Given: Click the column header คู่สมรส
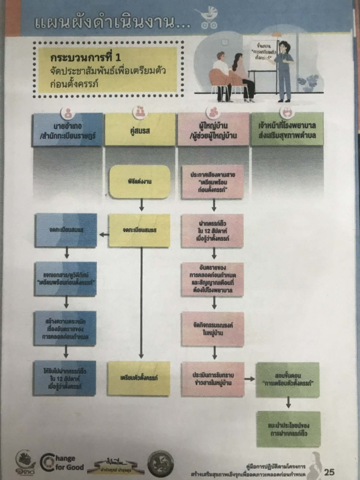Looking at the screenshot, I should point(140,129).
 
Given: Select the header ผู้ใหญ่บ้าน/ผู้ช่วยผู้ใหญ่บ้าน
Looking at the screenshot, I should point(213,129).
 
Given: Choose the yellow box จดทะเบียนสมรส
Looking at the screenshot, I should point(139,231).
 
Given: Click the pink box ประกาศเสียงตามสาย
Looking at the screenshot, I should point(213,181).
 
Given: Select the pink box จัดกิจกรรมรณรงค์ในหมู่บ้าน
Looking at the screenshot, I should point(213,329).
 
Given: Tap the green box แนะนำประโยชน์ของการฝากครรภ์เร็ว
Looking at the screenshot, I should point(288,429).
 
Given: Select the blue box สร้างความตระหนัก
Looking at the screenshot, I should point(66,328).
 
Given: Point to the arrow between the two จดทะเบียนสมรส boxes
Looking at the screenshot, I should point(103,234).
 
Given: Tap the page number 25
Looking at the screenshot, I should point(330,471).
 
